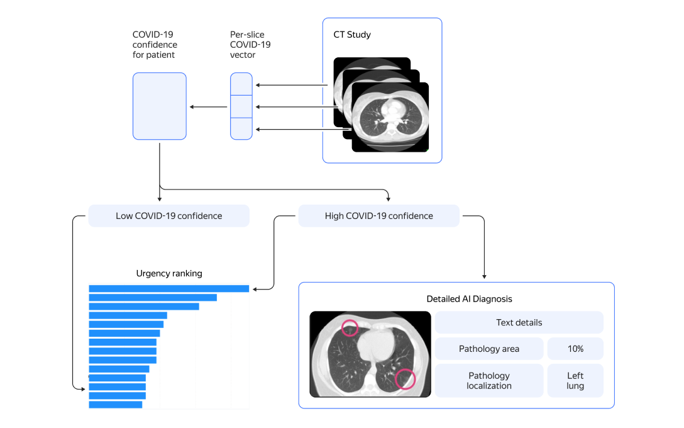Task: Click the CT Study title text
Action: point(352,35)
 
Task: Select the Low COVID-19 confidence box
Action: point(168,216)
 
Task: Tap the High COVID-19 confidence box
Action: point(378,216)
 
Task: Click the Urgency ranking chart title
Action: point(169,273)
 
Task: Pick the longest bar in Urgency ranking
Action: point(168,289)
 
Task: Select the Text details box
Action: point(519,322)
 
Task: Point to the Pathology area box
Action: point(488,349)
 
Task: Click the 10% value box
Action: point(575,349)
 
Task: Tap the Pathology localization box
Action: point(488,381)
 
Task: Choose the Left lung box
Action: point(575,381)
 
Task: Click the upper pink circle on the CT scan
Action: point(350,327)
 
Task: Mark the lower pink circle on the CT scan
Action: point(405,379)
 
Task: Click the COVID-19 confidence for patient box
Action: point(159,106)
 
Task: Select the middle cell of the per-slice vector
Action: point(241,106)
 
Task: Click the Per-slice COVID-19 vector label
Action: point(250,45)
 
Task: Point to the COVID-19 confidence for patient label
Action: point(155,45)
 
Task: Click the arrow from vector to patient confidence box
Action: point(209,107)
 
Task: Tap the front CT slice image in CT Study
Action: point(390,117)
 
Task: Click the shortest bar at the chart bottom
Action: point(115,405)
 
